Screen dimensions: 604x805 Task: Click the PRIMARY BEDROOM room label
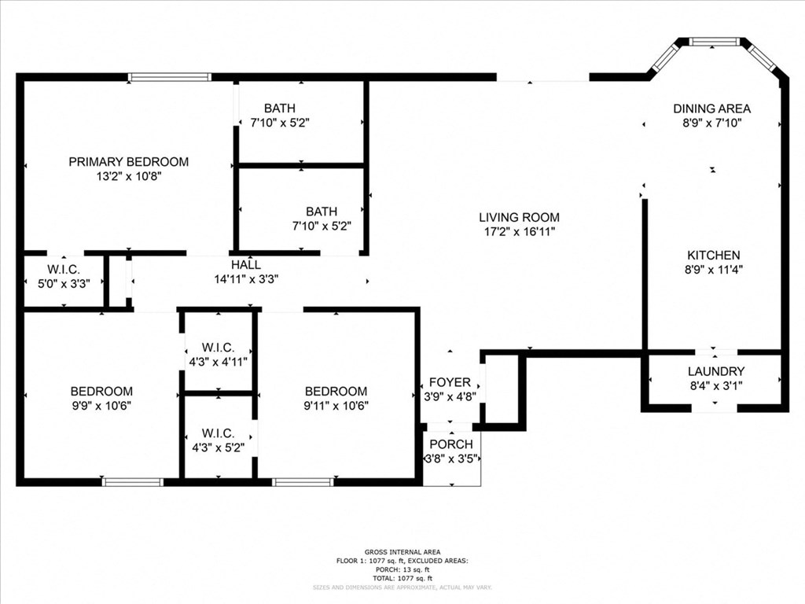(x=128, y=162)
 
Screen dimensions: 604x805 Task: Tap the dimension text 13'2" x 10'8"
(x=128, y=177)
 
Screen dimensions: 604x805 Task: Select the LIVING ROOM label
(x=519, y=218)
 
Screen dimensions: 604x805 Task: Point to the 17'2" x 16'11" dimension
(x=519, y=233)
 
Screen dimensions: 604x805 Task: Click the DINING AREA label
(x=711, y=109)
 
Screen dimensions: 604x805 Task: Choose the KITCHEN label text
(x=713, y=256)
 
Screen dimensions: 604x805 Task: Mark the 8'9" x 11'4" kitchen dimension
(x=713, y=270)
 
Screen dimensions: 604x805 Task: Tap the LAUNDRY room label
(x=715, y=371)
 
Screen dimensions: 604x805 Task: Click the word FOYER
(x=450, y=382)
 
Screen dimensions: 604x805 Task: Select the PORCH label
(x=452, y=444)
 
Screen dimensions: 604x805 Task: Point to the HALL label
(x=246, y=265)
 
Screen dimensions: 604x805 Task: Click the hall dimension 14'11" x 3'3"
(x=246, y=279)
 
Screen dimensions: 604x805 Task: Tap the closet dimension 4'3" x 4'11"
(x=218, y=363)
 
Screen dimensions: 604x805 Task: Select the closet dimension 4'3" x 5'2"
(x=218, y=447)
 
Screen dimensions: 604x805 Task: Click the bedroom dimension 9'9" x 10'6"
(x=101, y=406)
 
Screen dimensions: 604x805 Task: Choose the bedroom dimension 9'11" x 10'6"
(x=336, y=406)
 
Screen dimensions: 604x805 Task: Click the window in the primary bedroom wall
(x=170, y=77)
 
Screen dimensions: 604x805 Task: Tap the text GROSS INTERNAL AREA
(x=402, y=552)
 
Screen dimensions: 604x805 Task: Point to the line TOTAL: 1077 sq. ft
(x=402, y=578)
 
